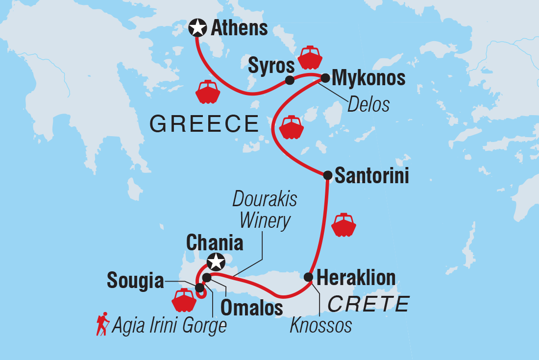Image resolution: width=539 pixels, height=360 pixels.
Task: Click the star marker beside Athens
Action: tap(197, 28)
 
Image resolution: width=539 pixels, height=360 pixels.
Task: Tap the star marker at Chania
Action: tap(215, 262)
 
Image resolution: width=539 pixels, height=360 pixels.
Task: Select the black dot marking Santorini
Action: tap(328, 175)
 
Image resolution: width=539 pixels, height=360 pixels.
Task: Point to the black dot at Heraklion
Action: tap(308, 277)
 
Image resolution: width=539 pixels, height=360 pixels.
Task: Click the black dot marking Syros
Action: tap(290, 80)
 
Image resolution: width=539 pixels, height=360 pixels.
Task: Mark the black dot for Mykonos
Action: tap(324, 77)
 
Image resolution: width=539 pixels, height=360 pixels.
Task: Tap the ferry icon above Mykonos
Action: tap(310, 57)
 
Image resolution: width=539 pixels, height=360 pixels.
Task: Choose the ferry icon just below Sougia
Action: tap(184, 300)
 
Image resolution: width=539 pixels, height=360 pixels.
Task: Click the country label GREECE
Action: tap(204, 124)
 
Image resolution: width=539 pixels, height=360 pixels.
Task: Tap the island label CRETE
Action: tap(368, 304)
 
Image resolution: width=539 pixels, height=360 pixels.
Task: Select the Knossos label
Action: tap(320, 325)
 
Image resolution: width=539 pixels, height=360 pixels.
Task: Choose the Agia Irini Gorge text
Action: tap(169, 325)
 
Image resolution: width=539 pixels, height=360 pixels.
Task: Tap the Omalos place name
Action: tap(252, 307)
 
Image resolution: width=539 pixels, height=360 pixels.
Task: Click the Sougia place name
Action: tap(135, 281)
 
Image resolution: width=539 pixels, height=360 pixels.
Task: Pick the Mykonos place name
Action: tap(368, 78)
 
